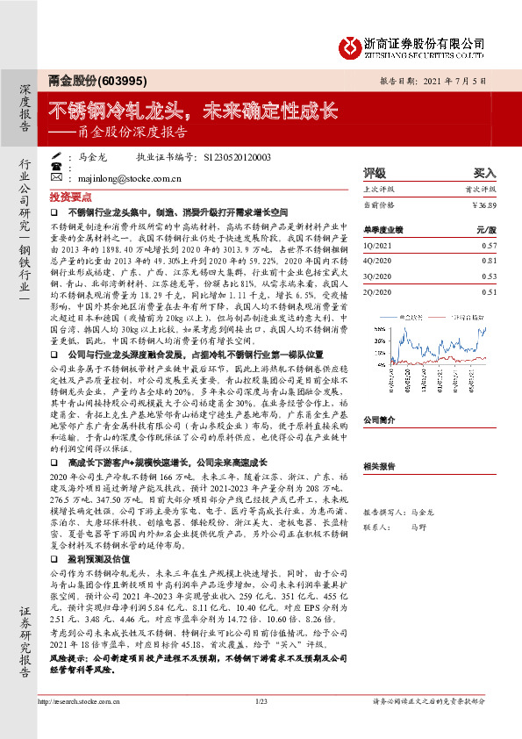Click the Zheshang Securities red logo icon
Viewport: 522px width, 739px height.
click(351, 43)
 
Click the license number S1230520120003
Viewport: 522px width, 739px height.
click(237, 158)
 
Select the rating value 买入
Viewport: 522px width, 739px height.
click(485, 174)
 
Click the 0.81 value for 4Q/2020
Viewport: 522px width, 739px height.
click(489, 261)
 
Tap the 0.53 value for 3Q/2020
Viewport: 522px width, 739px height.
click(489, 276)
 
